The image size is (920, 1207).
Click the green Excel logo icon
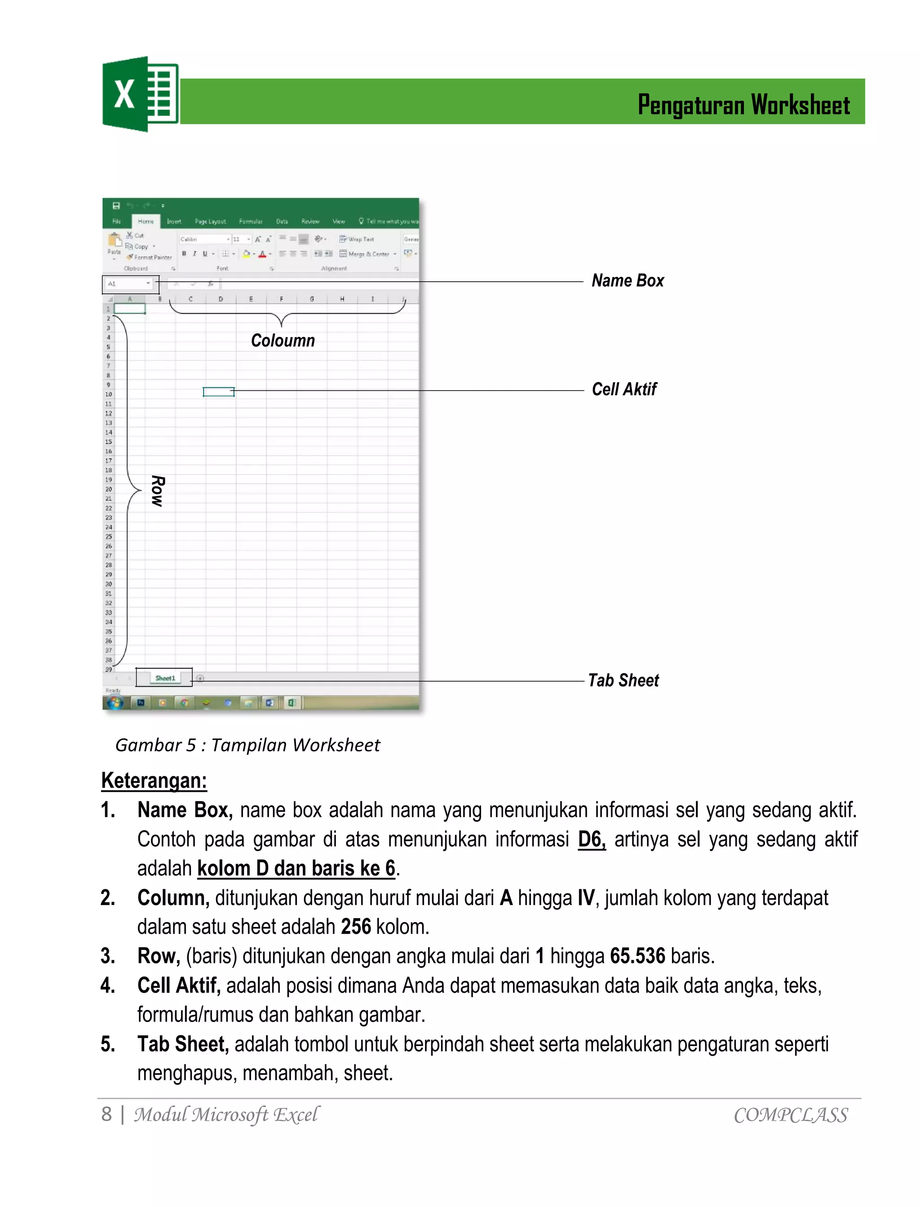pos(140,94)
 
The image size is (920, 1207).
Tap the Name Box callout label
pos(628,280)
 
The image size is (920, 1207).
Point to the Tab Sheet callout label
pos(623,680)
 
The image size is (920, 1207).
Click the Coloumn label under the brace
pos(283,341)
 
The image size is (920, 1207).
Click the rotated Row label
pos(158,491)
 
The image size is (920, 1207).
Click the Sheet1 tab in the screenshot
pos(165,678)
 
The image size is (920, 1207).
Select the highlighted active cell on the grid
pos(218,391)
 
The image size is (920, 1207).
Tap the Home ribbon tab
pos(146,221)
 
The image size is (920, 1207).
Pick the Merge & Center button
pos(367,254)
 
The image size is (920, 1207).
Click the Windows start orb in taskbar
pos(115,703)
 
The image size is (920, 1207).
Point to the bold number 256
pos(356,927)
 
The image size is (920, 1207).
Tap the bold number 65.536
pos(637,956)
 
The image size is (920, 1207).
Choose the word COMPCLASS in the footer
pos(790,1115)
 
